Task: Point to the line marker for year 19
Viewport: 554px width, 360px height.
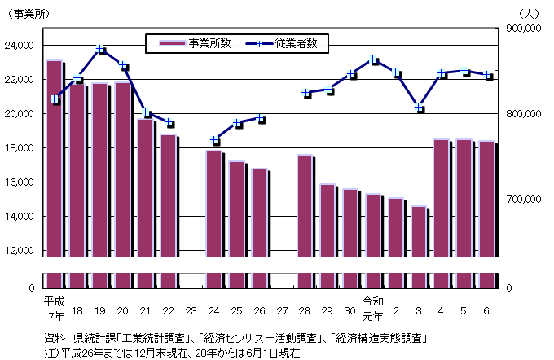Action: tap(100, 50)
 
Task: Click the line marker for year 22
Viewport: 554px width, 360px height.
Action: tap(169, 124)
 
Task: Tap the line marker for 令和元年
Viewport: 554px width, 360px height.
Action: tap(373, 59)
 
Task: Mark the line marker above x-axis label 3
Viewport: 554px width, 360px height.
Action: tap(419, 108)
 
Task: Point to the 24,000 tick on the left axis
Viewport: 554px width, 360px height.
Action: tap(21, 46)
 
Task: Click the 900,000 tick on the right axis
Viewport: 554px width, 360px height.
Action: tap(524, 29)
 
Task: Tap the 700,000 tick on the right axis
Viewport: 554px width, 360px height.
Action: tap(524, 200)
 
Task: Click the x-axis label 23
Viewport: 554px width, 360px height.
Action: tap(191, 311)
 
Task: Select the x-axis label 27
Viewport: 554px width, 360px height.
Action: tap(282, 311)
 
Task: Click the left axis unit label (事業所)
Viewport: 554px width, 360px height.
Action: tap(30, 13)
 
